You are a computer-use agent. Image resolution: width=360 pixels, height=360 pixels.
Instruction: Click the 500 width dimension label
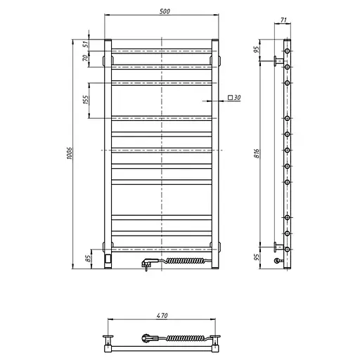click(x=165, y=11)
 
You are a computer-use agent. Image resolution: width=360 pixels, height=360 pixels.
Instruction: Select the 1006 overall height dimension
click(x=70, y=153)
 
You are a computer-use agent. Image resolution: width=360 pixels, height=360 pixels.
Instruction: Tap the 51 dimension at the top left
click(x=86, y=44)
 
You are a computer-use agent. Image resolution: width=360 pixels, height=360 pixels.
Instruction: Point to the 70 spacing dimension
click(x=86, y=58)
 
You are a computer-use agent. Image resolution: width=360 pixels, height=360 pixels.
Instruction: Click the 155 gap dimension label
click(x=86, y=100)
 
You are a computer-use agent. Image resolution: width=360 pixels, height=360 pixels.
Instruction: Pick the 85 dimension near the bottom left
click(x=88, y=259)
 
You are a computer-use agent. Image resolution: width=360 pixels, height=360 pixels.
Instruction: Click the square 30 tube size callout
click(x=234, y=97)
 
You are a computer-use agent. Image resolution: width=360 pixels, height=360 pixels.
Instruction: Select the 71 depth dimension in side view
click(x=283, y=20)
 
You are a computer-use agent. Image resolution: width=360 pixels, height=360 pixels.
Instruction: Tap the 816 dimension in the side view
click(x=257, y=153)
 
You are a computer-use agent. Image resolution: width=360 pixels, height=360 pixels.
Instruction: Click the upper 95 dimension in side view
click(x=257, y=49)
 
